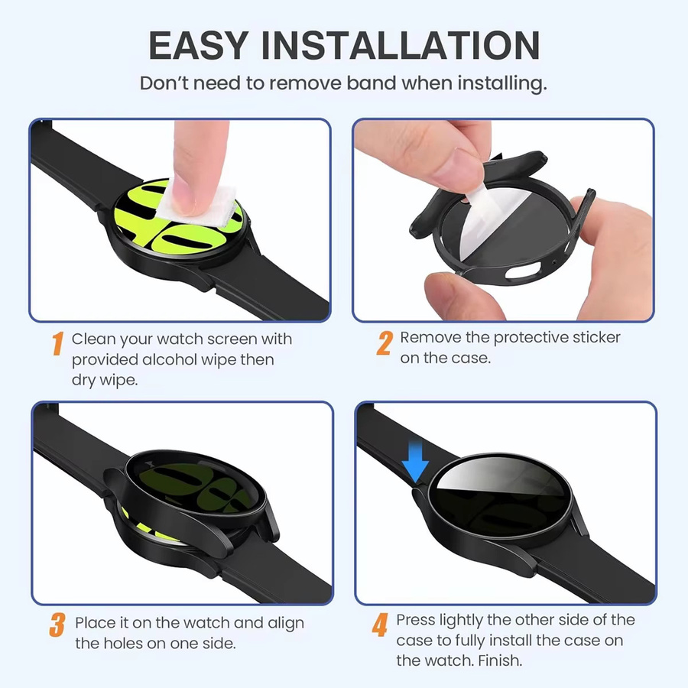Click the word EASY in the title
199,45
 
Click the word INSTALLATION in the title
401,45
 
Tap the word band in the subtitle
372,83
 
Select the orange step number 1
57,343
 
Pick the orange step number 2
385,342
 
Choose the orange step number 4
381,625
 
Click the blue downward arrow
415,461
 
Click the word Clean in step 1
93,339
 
